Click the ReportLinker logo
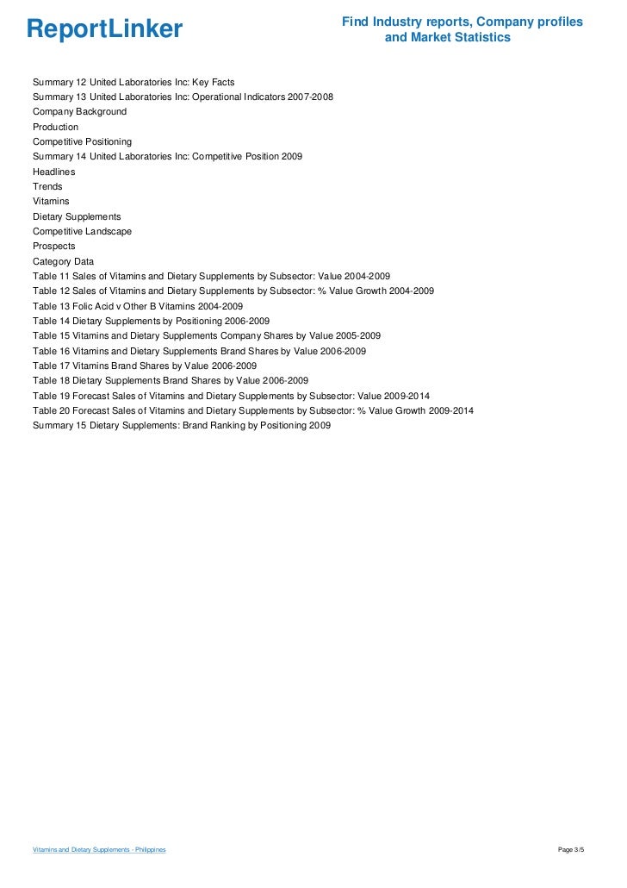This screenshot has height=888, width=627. click(x=104, y=29)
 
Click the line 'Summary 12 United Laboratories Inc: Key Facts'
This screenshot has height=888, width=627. click(x=133, y=82)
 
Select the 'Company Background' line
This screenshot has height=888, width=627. click(x=79, y=112)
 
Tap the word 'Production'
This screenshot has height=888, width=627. click(x=55, y=127)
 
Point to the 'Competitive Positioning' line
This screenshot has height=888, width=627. click(x=82, y=141)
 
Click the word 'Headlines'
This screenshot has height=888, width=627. click(x=54, y=172)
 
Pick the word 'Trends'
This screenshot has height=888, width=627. click(x=47, y=186)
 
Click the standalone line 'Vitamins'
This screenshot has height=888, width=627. click(x=51, y=201)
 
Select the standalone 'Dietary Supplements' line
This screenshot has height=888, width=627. click(x=77, y=216)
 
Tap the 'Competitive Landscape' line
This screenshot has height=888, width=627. click(x=82, y=231)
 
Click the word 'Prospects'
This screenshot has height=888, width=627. click(x=53, y=246)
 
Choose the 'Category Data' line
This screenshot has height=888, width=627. click(x=63, y=261)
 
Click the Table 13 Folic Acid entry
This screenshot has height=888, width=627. click(x=138, y=306)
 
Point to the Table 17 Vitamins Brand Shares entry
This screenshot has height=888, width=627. click(x=145, y=366)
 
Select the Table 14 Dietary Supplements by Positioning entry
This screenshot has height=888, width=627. click(x=151, y=321)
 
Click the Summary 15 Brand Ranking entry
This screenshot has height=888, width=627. click(x=181, y=425)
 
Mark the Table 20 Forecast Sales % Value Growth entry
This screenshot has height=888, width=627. click(x=252, y=410)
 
